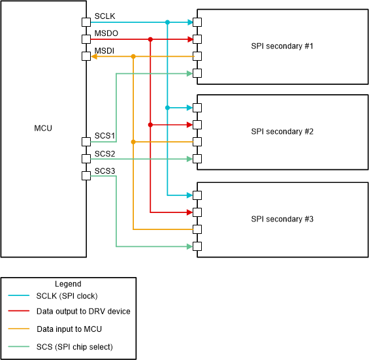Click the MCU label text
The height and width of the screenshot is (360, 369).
click(43, 128)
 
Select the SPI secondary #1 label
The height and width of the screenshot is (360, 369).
click(282, 46)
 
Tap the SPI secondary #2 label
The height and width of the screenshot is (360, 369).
click(282, 131)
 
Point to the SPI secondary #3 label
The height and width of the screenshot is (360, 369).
click(282, 218)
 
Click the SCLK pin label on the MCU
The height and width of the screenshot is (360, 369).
click(104, 16)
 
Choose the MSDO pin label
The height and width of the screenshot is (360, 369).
click(106, 33)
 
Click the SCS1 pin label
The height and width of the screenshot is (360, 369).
click(105, 136)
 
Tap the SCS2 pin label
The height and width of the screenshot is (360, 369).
click(105, 154)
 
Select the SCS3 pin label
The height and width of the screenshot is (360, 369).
click(105, 171)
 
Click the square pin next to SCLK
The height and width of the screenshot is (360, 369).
click(86, 22)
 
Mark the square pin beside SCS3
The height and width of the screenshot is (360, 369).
click(86, 176)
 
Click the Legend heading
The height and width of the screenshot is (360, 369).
click(68, 284)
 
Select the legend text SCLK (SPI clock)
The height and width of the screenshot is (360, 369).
click(67, 295)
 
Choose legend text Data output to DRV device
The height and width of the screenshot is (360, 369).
click(84, 312)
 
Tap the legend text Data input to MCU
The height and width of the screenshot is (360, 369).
click(69, 329)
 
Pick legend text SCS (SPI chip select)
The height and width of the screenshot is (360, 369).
click(74, 346)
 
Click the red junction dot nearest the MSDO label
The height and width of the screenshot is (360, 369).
click(150, 39)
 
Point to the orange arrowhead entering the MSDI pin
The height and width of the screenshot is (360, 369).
click(94, 57)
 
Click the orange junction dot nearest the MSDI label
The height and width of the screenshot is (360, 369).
click(133, 57)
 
